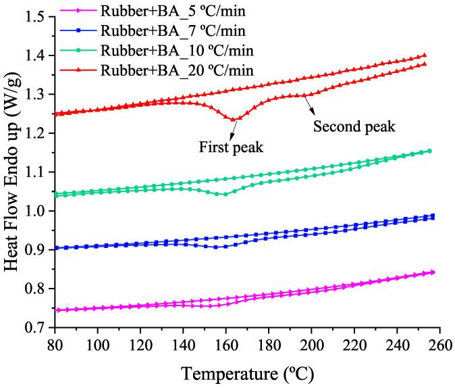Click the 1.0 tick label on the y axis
point(38,212)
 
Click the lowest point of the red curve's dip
point(234,119)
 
